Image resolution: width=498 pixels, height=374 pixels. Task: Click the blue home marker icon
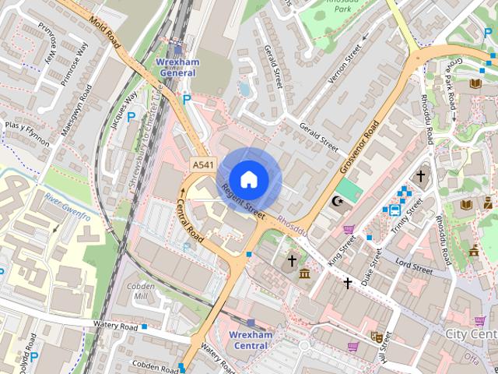pos(248,179)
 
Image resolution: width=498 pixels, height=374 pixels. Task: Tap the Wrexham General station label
pos(178,67)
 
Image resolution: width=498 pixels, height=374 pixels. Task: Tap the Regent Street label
pos(243,199)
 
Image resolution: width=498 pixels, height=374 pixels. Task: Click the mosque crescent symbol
pos(338,202)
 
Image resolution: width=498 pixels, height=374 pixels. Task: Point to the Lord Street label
pos(413,266)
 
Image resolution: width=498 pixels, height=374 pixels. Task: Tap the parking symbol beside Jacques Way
pos(131,117)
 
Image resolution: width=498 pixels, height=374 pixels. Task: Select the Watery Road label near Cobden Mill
pos(114,324)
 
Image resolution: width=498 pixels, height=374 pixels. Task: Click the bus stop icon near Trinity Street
pos(395,209)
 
